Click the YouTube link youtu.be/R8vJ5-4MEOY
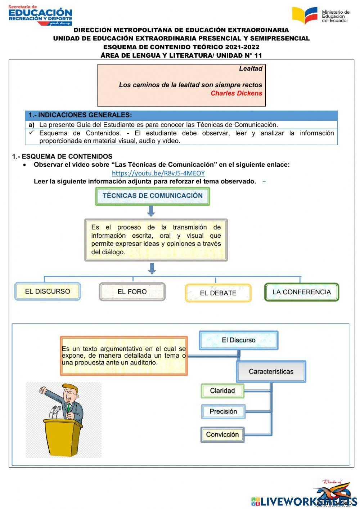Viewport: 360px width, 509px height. click(x=158, y=173)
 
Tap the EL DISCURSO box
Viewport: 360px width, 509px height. click(x=48, y=291)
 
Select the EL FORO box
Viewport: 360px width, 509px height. click(x=132, y=292)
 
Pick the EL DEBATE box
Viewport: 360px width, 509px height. click(x=218, y=293)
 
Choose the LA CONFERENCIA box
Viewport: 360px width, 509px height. click(x=302, y=292)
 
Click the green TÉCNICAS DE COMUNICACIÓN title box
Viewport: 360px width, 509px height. click(x=153, y=196)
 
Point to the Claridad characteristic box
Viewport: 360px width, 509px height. click(x=222, y=391)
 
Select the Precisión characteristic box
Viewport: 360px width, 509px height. click(x=223, y=411)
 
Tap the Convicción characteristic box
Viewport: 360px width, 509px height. click(x=222, y=434)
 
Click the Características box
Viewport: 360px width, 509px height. click(x=271, y=371)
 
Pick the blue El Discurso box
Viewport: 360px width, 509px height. click(x=238, y=340)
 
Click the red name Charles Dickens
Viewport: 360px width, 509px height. click(x=236, y=93)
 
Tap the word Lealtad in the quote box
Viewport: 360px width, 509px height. click(x=251, y=68)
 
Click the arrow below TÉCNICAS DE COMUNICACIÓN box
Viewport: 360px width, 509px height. click(x=151, y=211)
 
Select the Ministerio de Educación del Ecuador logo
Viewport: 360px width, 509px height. click(x=320, y=16)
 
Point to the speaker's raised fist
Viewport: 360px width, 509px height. click(x=44, y=390)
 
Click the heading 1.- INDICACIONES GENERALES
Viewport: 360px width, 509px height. click(x=80, y=115)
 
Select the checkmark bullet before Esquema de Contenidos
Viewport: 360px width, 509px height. click(x=31, y=133)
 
